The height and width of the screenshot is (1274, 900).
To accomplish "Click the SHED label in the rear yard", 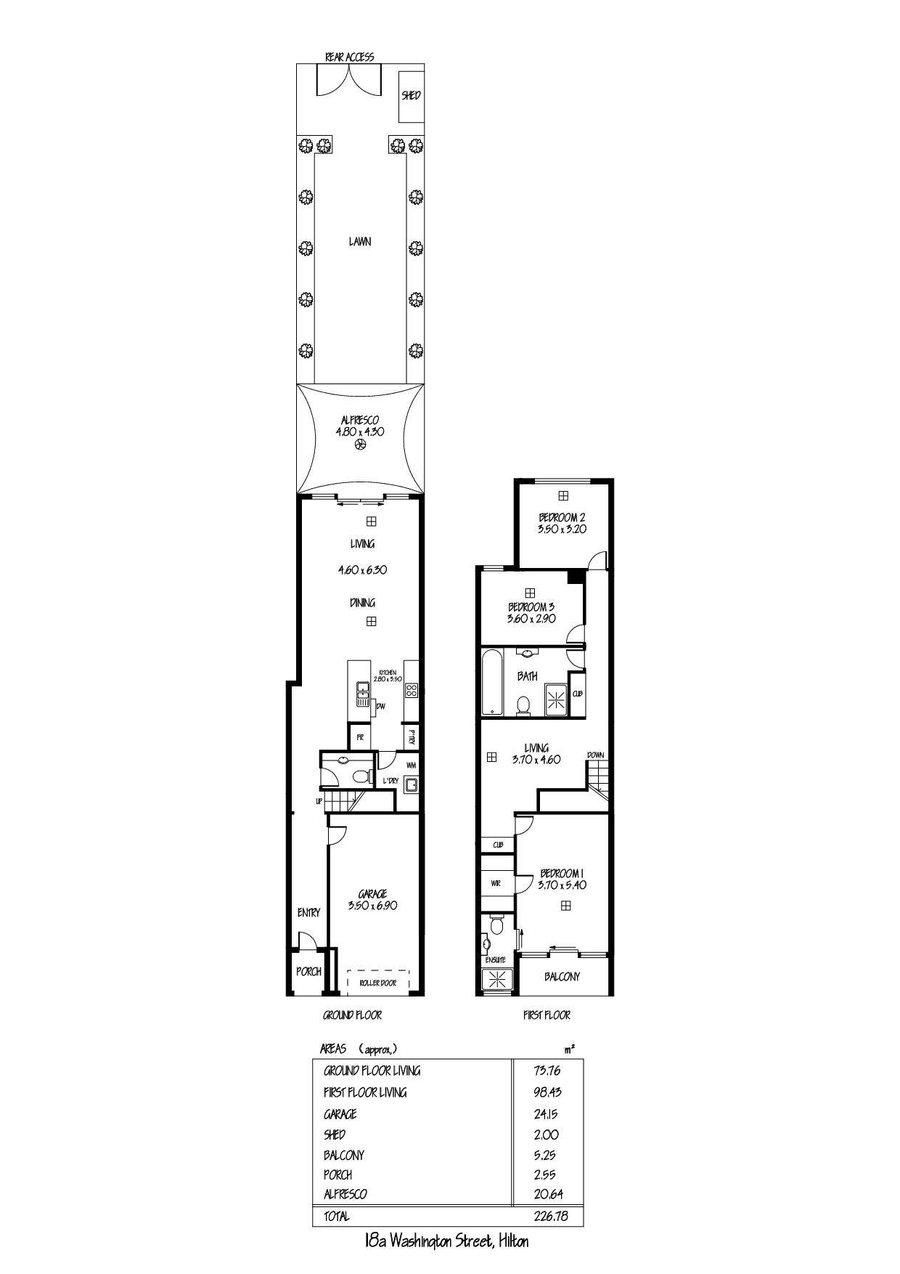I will [x=411, y=95].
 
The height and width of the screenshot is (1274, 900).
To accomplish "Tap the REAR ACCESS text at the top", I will [x=350, y=57].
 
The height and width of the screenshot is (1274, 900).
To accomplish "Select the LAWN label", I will [x=359, y=241].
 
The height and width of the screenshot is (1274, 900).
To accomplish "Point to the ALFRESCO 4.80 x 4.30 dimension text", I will [x=359, y=431].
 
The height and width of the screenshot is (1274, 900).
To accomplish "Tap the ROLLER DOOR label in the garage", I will [x=378, y=983].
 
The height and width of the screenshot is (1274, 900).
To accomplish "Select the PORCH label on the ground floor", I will [x=308, y=971].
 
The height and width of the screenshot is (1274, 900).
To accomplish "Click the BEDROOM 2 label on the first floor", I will [x=562, y=517].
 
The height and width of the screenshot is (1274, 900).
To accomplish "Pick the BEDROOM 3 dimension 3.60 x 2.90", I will [x=531, y=619].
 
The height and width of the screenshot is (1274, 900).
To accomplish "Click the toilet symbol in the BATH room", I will [x=522, y=705].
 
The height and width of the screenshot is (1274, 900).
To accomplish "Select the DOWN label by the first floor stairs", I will [x=595, y=755].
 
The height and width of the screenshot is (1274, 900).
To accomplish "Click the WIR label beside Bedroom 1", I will [x=496, y=884].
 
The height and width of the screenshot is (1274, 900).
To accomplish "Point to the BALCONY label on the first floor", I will [x=562, y=976].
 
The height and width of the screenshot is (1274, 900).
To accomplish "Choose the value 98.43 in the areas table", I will [x=547, y=1092].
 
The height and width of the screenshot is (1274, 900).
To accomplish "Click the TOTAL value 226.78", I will [x=547, y=1216].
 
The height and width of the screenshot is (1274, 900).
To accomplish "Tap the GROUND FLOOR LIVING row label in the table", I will [x=372, y=1071].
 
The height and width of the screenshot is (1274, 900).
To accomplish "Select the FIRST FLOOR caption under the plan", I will [x=547, y=1015].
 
